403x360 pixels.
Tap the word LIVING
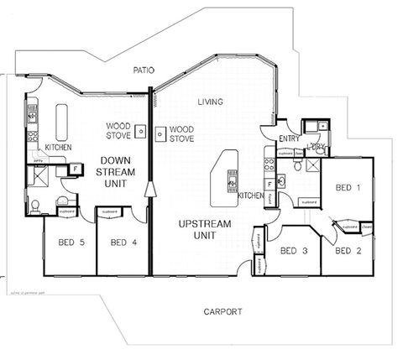[210, 102]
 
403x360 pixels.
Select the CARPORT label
[224, 311]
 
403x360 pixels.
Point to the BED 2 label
[348, 250]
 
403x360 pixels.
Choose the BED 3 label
[293, 250]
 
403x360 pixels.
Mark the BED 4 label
[123, 243]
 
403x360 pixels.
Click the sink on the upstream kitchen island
[232, 178]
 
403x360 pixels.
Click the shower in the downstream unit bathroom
[39, 176]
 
